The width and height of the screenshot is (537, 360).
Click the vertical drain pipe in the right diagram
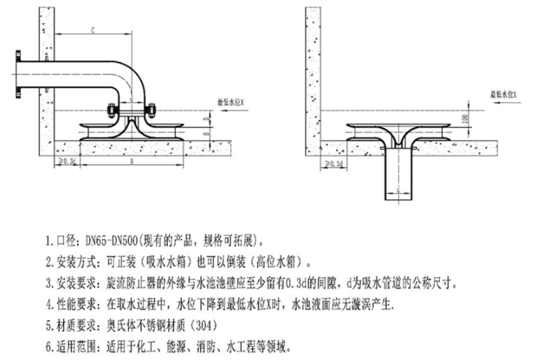click(399, 176)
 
